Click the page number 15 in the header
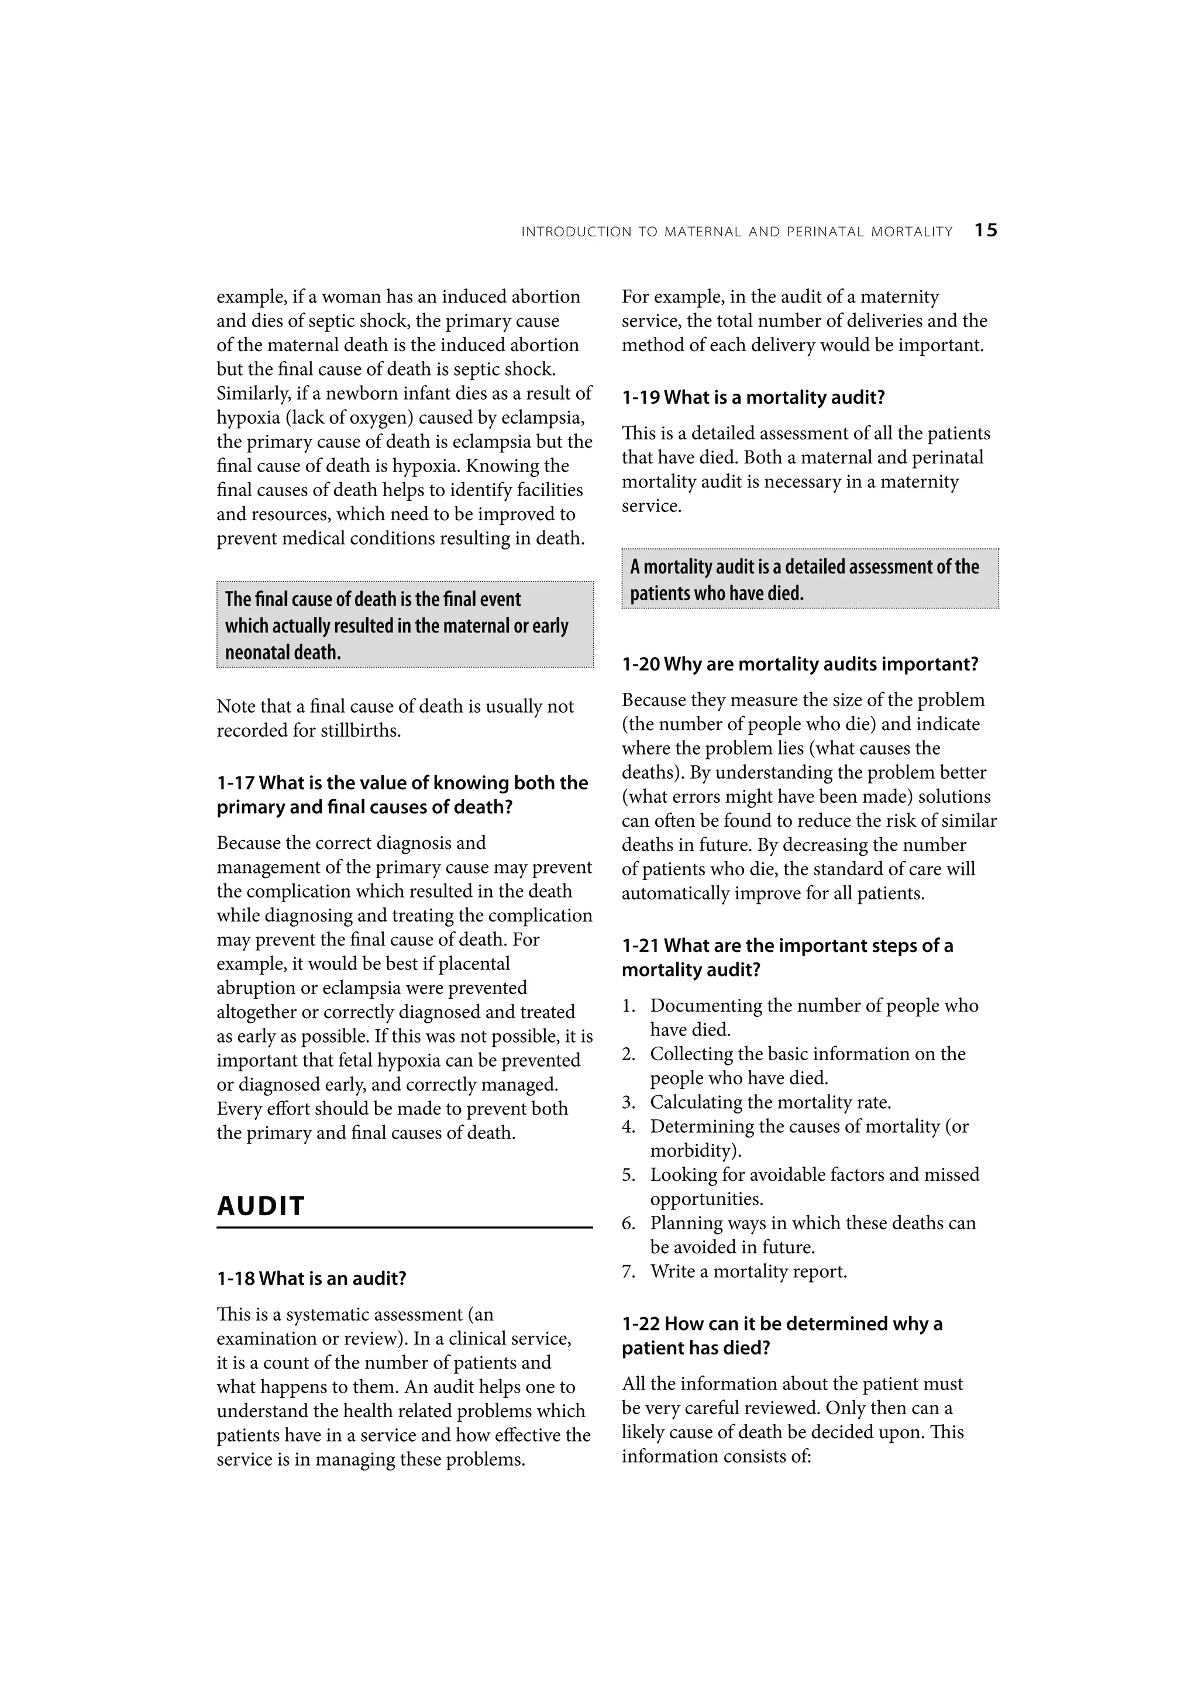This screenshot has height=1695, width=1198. pos(986,231)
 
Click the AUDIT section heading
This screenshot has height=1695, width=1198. pos(260,1205)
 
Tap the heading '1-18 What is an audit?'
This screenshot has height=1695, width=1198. pos(312,1278)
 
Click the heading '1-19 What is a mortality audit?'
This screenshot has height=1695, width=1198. pos(753,397)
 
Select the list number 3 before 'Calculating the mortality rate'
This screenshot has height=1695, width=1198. pos(628,1102)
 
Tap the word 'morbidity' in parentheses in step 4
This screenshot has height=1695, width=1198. pos(694,1150)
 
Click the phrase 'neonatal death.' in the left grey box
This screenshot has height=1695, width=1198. pos(283,652)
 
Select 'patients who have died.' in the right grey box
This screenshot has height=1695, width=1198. pos(716,593)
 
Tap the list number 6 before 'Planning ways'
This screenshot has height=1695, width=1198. pos(628,1223)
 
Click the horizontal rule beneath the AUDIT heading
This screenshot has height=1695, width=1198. pos(404,1227)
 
